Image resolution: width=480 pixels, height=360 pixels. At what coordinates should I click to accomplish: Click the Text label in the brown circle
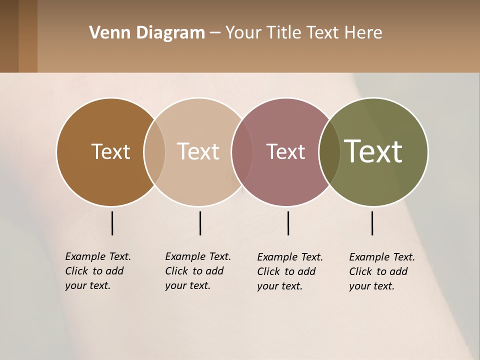coord(110,151)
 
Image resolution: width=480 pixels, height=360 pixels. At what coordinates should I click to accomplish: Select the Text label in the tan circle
coord(198,151)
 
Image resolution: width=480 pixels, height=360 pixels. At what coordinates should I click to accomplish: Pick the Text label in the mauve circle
coord(285,151)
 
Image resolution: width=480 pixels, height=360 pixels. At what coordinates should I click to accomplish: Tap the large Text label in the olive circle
coord(373,151)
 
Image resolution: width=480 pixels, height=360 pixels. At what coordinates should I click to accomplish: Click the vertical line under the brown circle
coord(112,223)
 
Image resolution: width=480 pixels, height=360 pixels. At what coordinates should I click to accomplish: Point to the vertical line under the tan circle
coord(200,223)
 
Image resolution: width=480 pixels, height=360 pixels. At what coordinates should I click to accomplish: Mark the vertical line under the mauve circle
coord(288,223)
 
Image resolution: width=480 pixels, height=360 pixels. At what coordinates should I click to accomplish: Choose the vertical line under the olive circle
coord(372,223)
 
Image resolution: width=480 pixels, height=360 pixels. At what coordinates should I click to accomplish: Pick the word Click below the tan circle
coord(176,271)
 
